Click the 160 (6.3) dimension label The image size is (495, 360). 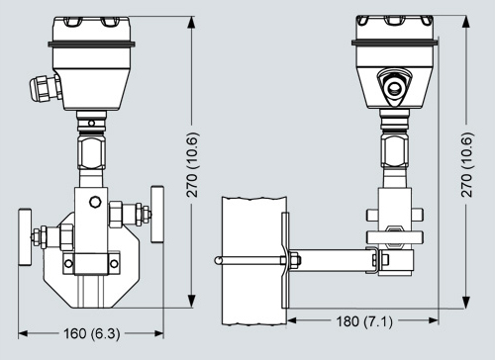(x=92, y=333)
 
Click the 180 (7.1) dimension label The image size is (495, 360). (x=364, y=320)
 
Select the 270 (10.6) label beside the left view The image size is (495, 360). (x=193, y=165)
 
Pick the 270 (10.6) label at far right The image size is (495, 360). (x=467, y=165)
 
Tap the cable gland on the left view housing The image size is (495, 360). (x=45, y=88)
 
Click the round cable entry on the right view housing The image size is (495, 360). (x=394, y=87)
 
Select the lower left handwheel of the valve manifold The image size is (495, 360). (x=25, y=236)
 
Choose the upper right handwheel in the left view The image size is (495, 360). (x=157, y=214)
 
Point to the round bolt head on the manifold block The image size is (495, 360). (x=95, y=202)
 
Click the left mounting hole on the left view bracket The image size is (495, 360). (x=68, y=263)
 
